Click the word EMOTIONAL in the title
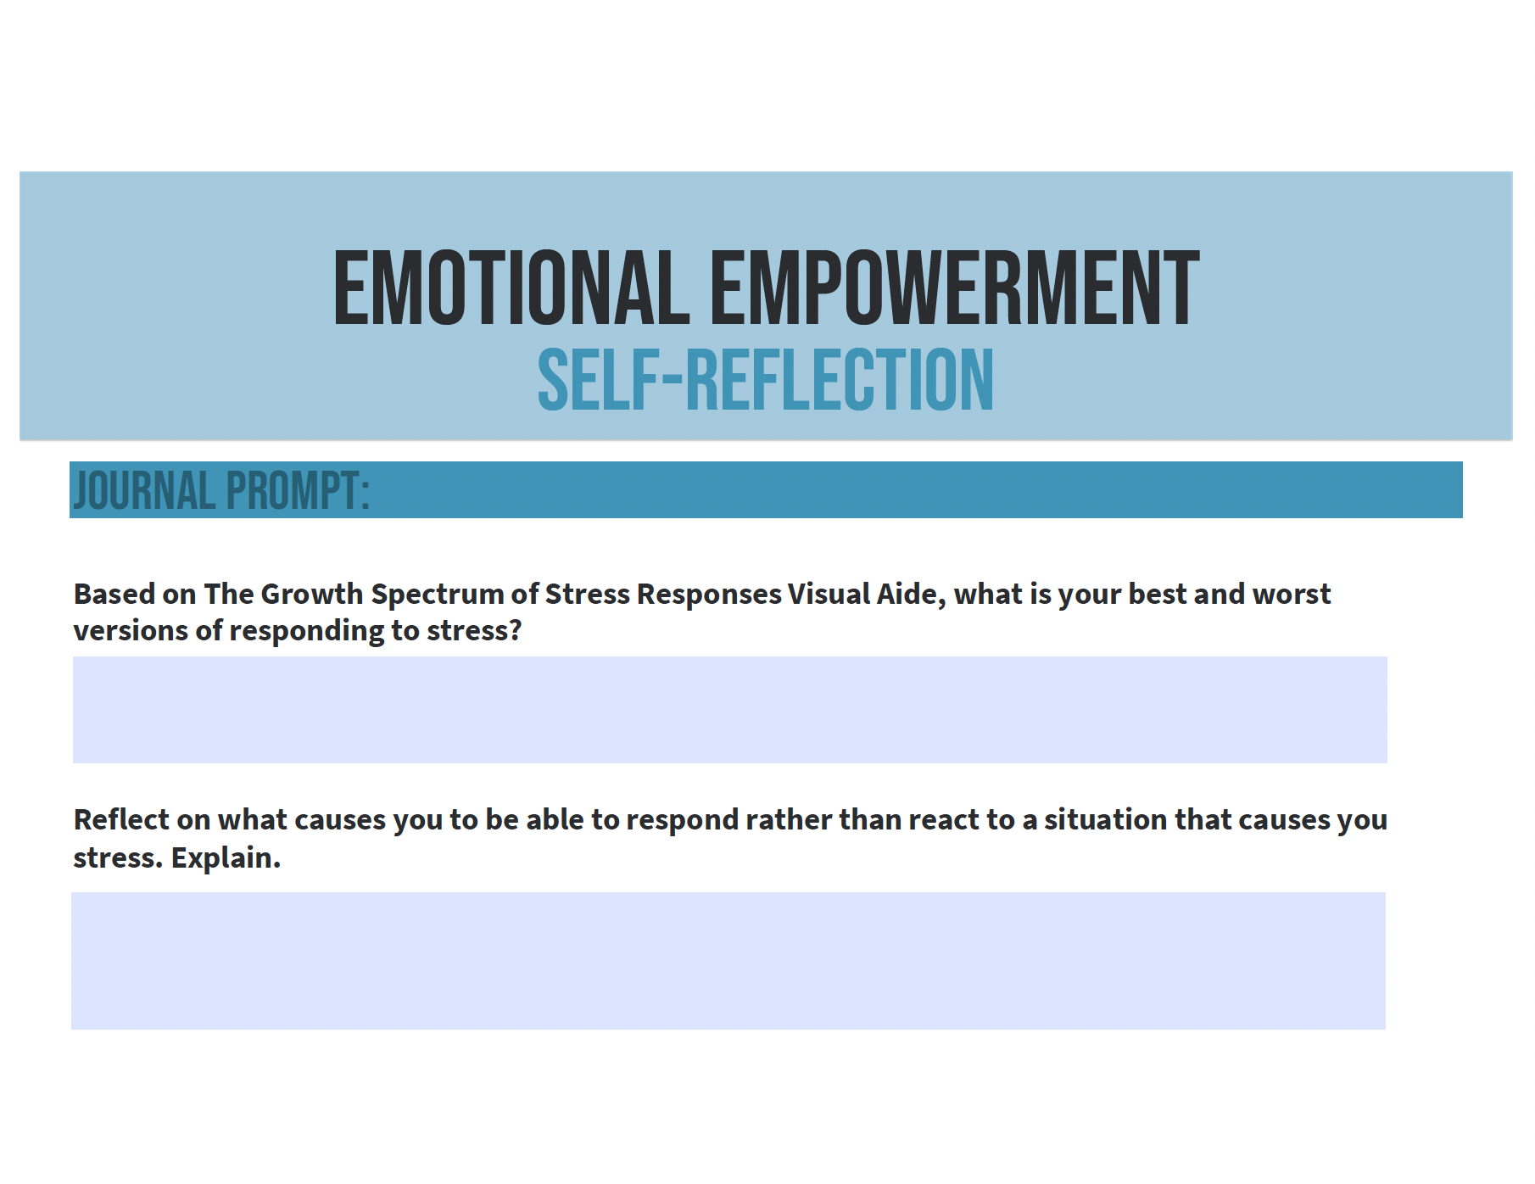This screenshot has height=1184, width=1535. tap(511, 288)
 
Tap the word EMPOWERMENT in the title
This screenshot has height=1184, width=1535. tap(955, 288)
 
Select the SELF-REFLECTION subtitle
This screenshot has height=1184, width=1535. tap(766, 380)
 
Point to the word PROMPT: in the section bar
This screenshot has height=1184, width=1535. tap(298, 490)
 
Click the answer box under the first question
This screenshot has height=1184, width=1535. tap(730, 710)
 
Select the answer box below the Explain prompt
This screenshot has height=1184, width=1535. tap(728, 961)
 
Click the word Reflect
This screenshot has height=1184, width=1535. tap(121, 819)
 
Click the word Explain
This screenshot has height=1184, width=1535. tap(226, 858)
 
